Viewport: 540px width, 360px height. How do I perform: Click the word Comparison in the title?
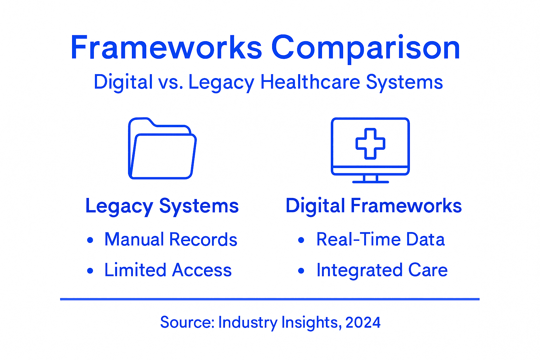[366, 48]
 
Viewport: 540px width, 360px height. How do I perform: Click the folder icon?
[162, 149]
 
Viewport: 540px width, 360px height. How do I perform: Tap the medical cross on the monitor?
[370, 143]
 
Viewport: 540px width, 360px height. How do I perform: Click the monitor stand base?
[371, 181]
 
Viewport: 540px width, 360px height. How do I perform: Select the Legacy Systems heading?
[162, 206]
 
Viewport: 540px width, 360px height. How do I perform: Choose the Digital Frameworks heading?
[373, 206]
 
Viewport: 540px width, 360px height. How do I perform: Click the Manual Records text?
[171, 240]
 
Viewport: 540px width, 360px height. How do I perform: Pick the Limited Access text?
[168, 270]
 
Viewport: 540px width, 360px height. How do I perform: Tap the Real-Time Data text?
[380, 240]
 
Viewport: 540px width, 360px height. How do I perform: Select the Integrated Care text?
[382, 270]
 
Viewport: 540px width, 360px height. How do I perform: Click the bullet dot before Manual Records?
[90, 240]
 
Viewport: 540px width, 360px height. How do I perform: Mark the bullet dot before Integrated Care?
[301, 271]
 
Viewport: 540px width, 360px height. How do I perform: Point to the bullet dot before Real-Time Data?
[301, 240]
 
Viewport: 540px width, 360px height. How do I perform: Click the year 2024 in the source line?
[363, 322]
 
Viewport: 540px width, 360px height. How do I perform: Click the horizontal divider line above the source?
[270, 299]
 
